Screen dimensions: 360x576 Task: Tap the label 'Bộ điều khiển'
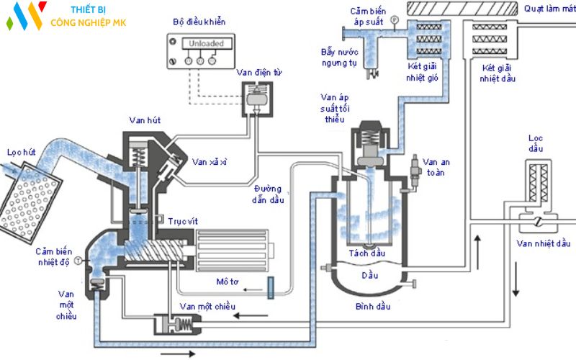tap(199, 22)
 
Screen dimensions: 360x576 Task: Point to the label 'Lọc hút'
tap(21, 152)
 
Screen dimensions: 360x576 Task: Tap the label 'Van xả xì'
tap(210, 161)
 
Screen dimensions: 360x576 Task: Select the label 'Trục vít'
tap(182, 220)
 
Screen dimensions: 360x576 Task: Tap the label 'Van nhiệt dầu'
tap(544, 243)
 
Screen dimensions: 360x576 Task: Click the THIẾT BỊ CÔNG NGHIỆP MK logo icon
tap(26, 18)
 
